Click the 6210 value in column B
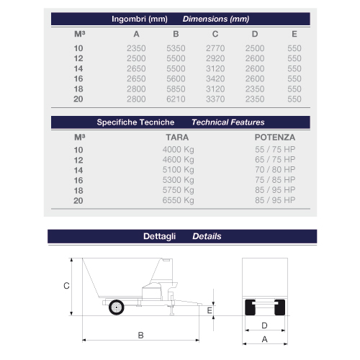pyautogui.click(x=176, y=99)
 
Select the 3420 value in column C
pyautogui.click(x=215, y=78)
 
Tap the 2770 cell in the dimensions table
pyautogui.click(x=215, y=48)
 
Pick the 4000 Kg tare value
pyautogui.click(x=178, y=150)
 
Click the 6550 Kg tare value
pyautogui.click(x=178, y=200)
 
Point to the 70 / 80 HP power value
pyautogui.click(x=275, y=170)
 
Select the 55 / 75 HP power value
pyautogui.click(x=275, y=149)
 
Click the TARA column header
pyautogui.click(x=177, y=138)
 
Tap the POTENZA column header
pyautogui.click(x=275, y=138)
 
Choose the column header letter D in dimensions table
pyautogui.click(x=255, y=34)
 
